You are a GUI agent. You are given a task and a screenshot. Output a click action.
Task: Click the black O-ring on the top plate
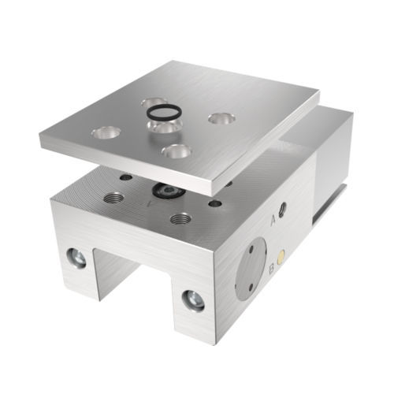(x=163, y=112)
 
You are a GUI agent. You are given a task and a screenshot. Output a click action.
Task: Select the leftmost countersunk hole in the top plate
(x=106, y=132)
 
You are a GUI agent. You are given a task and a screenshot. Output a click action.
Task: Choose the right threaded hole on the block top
(x=181, y=216)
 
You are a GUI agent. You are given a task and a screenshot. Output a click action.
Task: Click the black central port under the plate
(x=166, y=190)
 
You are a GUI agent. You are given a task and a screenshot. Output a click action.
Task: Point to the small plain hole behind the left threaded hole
(x=126, y=177)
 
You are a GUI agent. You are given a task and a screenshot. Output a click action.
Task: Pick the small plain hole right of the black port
(x=212, y=203)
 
